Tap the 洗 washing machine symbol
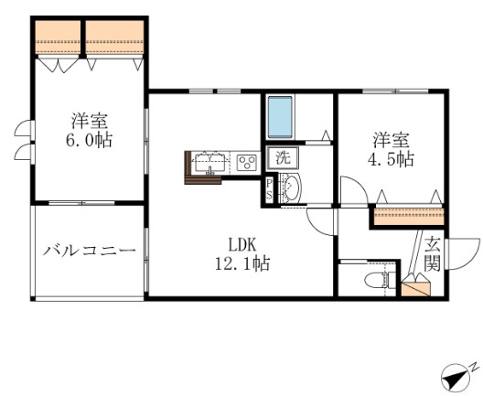coord(283,156)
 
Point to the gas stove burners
coord(246,163)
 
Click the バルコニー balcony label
coord(90,251)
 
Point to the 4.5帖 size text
coord(392,159)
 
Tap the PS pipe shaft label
coord(268,189)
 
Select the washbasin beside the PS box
coord(290,190)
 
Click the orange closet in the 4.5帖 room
coord(409,217)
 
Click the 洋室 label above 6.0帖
coord(90,121)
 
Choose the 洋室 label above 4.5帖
coord(391,140)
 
